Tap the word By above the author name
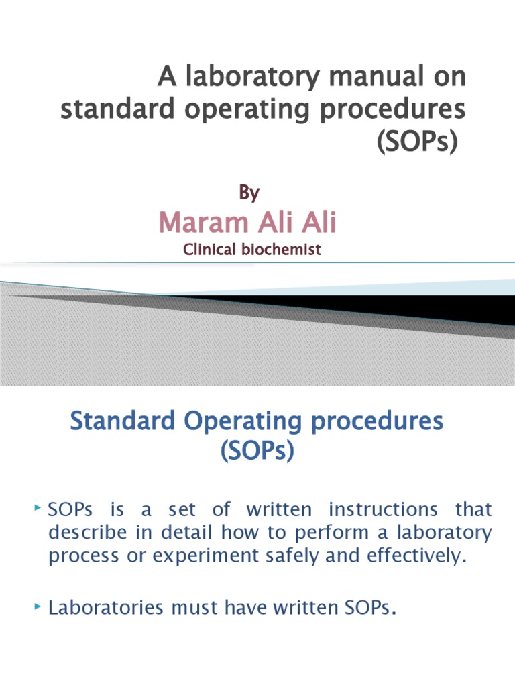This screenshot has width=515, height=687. pyautogui.click(x=249, y=193)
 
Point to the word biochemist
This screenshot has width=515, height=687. pyautogui.click(x=281, y=250)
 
